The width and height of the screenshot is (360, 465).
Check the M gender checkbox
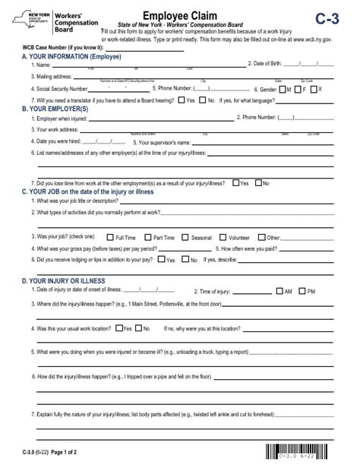(287, 88)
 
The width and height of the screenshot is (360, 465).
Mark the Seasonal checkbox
(185, 237)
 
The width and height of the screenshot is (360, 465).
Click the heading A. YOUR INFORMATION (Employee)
(72, 57)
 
